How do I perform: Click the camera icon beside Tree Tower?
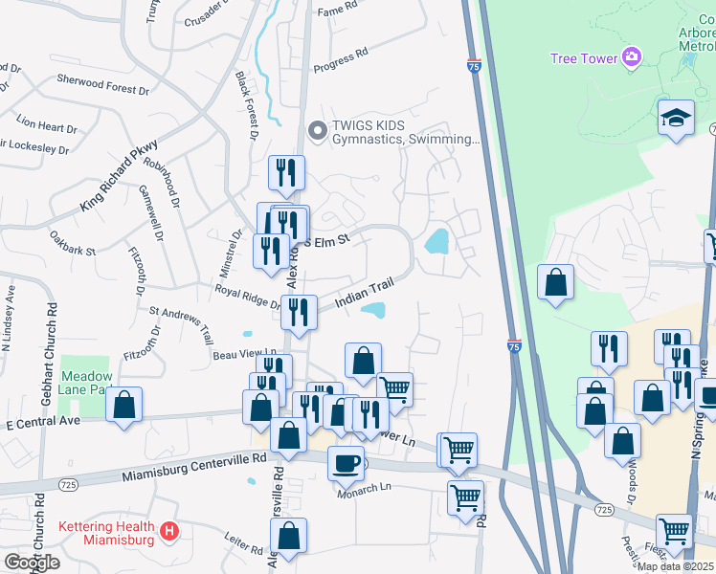[x=631, y=58]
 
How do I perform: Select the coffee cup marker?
[x=346, y=463]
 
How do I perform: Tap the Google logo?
[x=31, y=563]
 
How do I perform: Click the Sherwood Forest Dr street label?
[x=103, y=85]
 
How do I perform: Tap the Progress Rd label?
[x=341, y=59]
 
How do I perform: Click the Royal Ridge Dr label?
[x=247, y=297]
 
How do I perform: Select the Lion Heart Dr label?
[x=46, y=125]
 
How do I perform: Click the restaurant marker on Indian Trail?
[x=299, y=312]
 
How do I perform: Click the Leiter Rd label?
[x=243, y=544]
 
